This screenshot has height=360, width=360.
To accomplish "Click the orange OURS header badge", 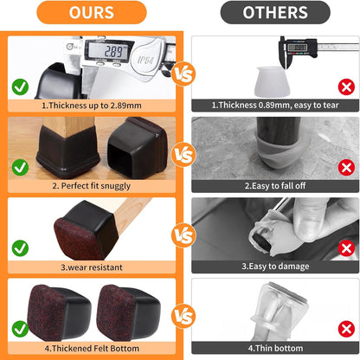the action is [92, 12].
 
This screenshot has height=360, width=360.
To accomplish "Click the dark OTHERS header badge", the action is [275, 12].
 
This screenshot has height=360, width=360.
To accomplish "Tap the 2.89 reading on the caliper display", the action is [113, 52].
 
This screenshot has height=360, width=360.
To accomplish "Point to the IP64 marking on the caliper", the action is [145, 60].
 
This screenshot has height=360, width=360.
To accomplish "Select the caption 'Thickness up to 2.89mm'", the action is [92, 106].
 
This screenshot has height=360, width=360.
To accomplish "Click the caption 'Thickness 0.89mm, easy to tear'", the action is [275, 105].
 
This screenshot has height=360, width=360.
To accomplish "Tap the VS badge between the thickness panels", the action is [183, 74].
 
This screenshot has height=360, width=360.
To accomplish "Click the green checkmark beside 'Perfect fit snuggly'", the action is [20, 167].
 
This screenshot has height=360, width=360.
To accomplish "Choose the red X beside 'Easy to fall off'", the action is [346, 167].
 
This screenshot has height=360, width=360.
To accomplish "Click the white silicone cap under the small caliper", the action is [272, 81].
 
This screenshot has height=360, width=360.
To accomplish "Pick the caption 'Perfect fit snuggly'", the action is [92, 186].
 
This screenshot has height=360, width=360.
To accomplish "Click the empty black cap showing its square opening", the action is [138, 147].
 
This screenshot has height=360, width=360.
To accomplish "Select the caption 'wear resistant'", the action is [92, 267].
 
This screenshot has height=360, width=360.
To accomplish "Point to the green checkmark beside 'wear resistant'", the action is [20, 248].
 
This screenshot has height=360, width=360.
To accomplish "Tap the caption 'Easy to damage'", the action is [275, 266].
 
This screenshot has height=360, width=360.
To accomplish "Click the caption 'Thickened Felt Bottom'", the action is [92, 348].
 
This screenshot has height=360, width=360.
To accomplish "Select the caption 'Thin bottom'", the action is [275, 348].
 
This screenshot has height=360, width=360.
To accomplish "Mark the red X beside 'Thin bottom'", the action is [346, 329].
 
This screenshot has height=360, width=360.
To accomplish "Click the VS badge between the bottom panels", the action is [183, 316].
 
